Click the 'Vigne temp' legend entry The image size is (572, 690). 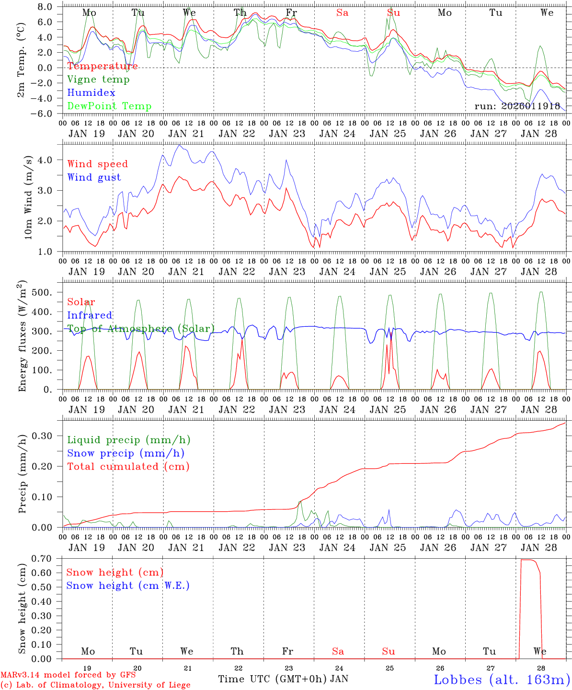click(98, 80)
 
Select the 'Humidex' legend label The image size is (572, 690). click(91, 93)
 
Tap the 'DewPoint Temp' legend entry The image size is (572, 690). click(109, 106)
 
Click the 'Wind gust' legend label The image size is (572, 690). click(94, 177)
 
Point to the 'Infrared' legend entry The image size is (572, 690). click(90, 315)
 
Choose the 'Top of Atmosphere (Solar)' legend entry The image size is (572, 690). click(140, 329)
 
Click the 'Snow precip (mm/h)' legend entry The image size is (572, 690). click(126, 453)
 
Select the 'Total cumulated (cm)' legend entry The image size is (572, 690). click(128, 467)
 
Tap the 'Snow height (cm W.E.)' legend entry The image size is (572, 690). click(128, 586)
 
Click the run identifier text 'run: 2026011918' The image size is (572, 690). click(517, 106)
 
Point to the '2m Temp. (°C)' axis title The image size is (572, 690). click(22, 60)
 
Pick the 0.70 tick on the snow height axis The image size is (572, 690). click(42, 558)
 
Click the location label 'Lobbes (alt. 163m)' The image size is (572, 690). click(502, 679)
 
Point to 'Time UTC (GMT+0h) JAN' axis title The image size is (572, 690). click(283, 679)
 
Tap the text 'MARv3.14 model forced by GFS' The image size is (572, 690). click(68, 675)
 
